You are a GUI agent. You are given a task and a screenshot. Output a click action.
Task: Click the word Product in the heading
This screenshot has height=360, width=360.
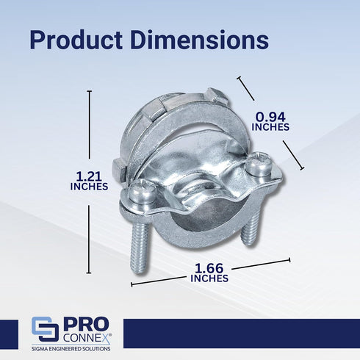pyautogui.click(x=76, y=40)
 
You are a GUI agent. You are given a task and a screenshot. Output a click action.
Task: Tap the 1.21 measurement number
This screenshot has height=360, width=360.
pyautogui.click(x=89, y=176)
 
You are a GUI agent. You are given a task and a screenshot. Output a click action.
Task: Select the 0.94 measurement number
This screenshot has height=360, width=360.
pyautogui.click(x=270, y=117)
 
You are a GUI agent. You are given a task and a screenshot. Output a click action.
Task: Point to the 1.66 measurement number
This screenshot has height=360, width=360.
pyautogui.click(x=209, y=268)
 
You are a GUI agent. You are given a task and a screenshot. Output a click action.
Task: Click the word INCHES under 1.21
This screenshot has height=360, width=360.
pyautogui.click(x=89, y=187)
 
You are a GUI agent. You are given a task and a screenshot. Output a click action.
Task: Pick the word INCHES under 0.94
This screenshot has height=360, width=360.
pyautogui.click(x=270, y=127)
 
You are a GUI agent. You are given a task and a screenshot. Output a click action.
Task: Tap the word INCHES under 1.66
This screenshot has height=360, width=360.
pyautogui.click(x=209, y=278)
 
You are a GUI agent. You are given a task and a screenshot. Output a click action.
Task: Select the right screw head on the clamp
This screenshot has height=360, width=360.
pyautogui.click(x=259, y=164)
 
